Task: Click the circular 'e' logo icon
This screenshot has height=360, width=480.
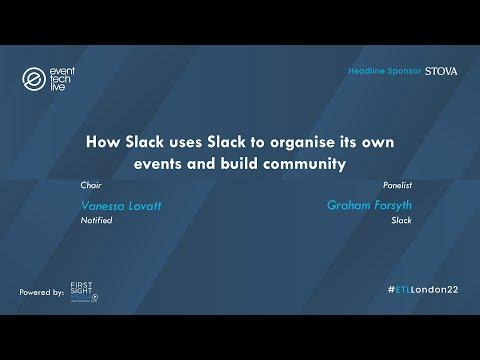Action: point(34,79)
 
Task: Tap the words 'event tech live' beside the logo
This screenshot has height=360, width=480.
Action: point(62,79)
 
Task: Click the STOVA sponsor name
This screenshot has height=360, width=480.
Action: point(441,71)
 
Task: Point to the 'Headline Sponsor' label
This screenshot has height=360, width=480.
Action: point(385,71)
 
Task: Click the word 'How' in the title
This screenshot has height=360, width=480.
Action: point(103,142)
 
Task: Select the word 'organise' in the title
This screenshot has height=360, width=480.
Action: point(302,143)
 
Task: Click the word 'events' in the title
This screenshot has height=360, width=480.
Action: point(158,164)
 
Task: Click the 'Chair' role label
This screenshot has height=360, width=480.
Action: point(91,185)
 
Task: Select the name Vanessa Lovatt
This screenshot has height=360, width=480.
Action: point(121,206)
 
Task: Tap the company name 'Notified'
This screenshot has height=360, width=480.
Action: point(96,220)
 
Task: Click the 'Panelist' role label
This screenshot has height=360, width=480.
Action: point(397,185)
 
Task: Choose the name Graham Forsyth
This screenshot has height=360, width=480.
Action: point(369,205)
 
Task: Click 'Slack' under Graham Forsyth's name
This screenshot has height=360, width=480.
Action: point(401,220)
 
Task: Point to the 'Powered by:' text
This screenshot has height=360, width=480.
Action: point(41,292)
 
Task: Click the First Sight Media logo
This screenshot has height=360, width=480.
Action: point(84,292)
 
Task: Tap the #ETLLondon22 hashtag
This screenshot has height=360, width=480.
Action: point(423,290)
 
